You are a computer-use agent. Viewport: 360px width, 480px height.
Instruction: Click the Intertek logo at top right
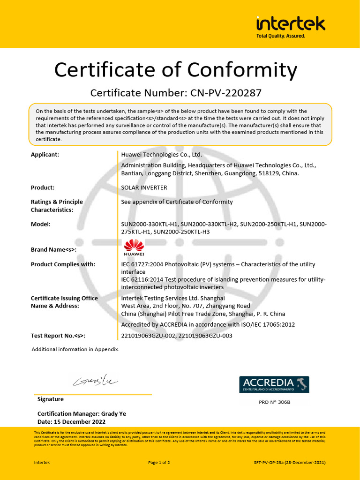pyautogui.click(x=290, y=26)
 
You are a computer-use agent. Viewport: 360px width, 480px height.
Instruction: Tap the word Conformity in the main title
pyautogui.click(x=234, y=70)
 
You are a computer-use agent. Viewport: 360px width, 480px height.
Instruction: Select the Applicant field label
pyautogui.click(x=45, y=155)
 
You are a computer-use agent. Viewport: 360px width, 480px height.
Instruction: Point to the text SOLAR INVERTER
pyautogui.click(x=144, y=187)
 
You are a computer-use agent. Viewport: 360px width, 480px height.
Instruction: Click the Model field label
pyautogui.click(x=40, y=224)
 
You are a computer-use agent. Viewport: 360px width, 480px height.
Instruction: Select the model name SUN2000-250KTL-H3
pyautogui.click(x=181, y=232)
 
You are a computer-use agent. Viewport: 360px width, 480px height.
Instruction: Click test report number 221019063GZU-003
pyautogui.click(x=205, y=336)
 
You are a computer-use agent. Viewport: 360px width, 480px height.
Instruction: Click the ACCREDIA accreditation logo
pyautogui.click(x=274, y=384)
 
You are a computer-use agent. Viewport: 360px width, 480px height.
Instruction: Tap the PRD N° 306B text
pyautogui.click(x=275, y=402)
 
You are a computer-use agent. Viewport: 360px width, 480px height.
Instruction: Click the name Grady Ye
pyautogui.click(x=114, y=414)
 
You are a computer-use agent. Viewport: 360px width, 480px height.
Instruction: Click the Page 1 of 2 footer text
pyautogui.click(x=159, y=463)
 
